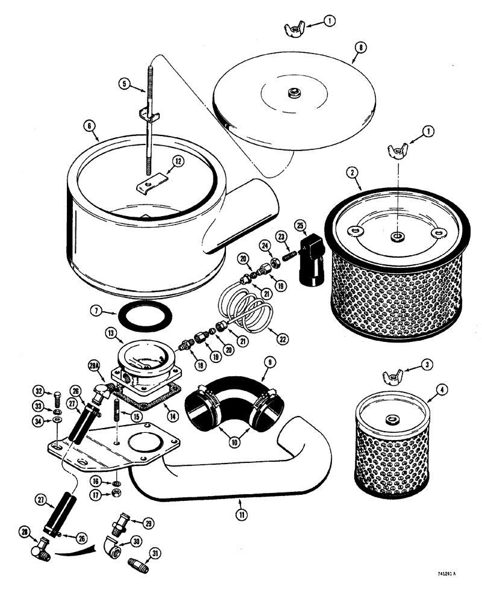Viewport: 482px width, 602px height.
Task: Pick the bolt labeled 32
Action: click(x=55, y=397)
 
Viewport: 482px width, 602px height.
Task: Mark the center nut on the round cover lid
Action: click(x=294, y=93)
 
